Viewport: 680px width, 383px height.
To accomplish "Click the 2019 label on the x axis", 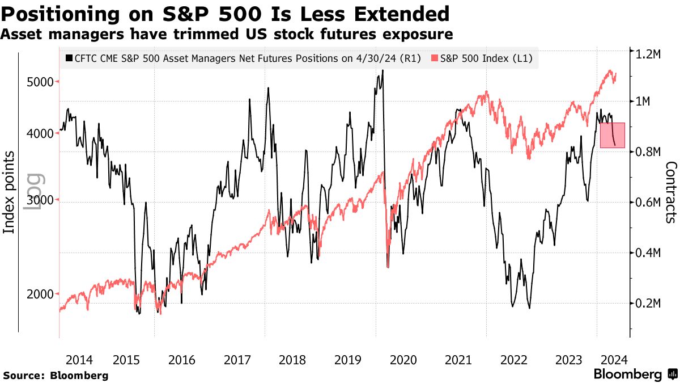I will [347, 360].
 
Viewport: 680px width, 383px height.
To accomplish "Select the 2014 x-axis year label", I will [79, 360].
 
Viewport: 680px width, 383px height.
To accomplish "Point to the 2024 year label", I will [614, 360].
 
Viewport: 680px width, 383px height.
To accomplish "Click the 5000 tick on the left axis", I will [40, 82].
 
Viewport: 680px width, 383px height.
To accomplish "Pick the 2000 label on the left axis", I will [40, 294].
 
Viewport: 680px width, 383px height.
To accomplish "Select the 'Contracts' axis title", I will [671, 192].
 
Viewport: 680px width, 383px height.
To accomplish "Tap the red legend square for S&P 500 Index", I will [435, 58].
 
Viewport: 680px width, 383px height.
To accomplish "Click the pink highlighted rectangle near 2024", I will [613, 135].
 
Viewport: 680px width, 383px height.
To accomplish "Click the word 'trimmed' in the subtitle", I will [156, 35].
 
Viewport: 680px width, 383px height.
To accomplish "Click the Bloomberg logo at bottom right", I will [635, 374].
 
